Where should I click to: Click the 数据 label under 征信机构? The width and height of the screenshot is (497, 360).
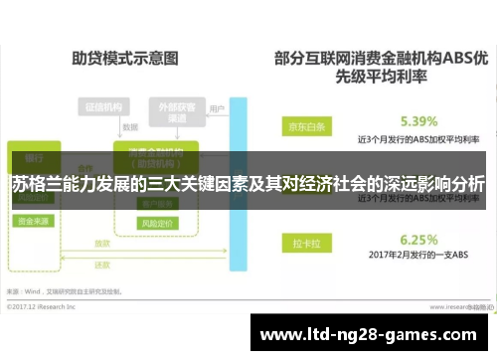click(129, 127)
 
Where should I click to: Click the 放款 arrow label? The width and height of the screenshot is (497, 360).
click(102, 243)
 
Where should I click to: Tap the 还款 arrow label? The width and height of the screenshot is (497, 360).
click(102, 265)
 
